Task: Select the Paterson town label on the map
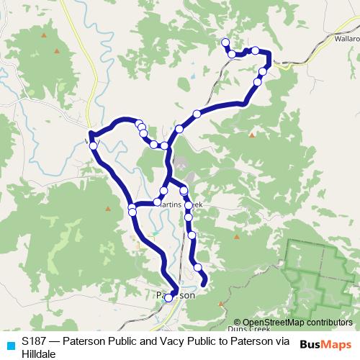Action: [175, 295]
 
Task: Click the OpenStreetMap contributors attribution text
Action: [297, 322]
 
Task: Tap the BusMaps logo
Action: [325, 345]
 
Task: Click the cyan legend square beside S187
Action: [9, 343]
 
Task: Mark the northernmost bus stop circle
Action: [225, 42]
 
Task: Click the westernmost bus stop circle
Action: [93, 146]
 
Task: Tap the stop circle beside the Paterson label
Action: [168, 297]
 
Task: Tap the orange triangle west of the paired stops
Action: [107, 209]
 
